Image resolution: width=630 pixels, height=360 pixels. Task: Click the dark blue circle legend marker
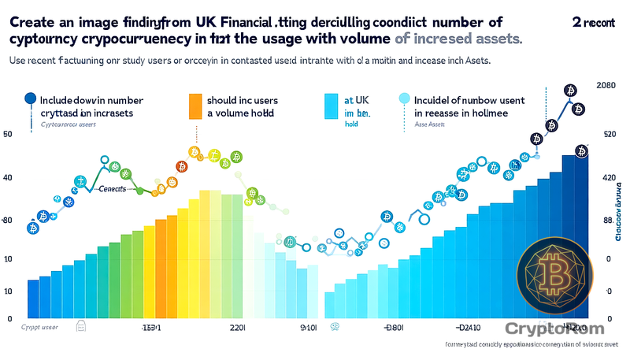(x=31, y=98)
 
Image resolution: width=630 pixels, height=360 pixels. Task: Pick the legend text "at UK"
(x=356, y=101)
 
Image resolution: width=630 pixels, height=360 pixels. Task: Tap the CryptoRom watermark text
(x=554, y=328)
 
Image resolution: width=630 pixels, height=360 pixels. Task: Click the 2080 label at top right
(x=606, y=85)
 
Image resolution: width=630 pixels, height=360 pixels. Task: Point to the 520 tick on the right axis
(x=608, y=135)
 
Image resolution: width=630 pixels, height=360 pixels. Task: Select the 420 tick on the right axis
(x=609, y=179)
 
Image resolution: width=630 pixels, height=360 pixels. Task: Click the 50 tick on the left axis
(x=8, y=135)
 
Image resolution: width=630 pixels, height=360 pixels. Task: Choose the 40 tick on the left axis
(x=8, y=178)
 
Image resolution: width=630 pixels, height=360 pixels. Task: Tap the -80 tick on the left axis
(x=7, y=220)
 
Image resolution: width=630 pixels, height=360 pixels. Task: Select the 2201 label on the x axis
(x=237, y=325)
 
